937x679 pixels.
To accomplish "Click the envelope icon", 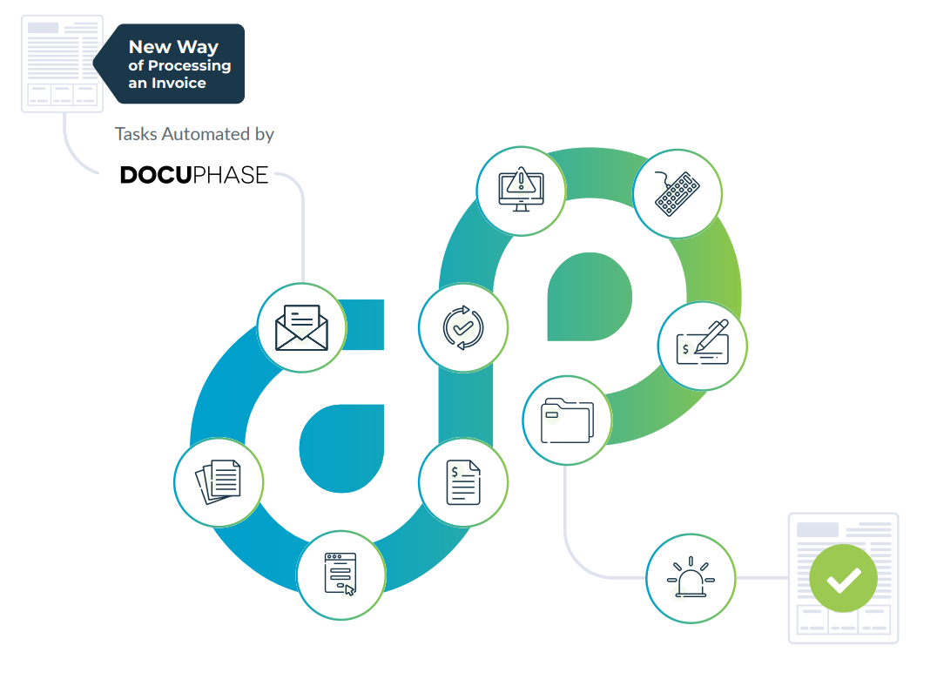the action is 302,327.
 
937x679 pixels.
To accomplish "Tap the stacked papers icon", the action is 218,482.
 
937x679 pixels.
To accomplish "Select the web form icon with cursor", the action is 340,575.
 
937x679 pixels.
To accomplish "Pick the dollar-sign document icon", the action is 463,482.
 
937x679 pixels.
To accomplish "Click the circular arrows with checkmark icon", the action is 463,327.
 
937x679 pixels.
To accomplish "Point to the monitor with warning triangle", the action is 521,189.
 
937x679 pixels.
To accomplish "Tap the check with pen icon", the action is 703,342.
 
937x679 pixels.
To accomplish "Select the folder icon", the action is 567,420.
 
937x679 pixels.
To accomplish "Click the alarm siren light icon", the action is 691,577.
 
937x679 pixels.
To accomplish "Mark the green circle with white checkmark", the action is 843,578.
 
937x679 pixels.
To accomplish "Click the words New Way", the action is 173,47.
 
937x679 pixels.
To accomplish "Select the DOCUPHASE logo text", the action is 194,175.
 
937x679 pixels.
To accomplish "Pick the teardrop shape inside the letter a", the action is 341,448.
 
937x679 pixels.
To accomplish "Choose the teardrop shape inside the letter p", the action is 590,297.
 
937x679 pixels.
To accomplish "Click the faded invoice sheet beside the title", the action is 62,64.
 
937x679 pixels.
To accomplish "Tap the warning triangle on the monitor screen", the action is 521,179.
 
